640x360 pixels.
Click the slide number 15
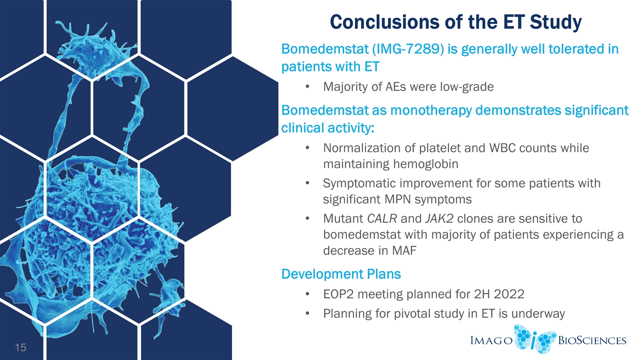[20, 347]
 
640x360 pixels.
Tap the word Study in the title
[555, 22]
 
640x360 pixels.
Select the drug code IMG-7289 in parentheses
[408, 49]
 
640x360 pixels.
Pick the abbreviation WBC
[502, 148]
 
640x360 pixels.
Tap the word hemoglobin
[425, 164]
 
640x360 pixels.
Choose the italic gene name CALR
[381, 218]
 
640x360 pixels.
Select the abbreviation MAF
[404, 250]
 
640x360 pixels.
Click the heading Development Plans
[341, 274]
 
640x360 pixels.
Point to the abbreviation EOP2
[338, 294]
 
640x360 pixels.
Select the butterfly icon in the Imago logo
[534, 339]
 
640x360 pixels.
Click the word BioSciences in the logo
[592, 340]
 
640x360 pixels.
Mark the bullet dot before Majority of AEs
[307, 87]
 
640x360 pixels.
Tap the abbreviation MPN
[397, 199]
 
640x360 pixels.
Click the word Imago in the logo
[491, 340]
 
